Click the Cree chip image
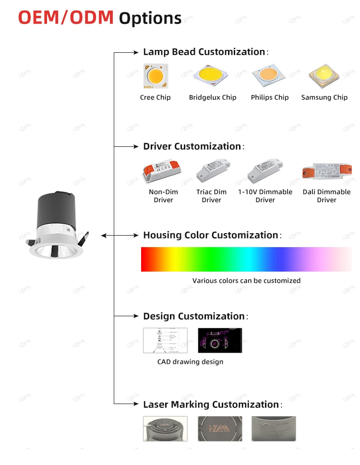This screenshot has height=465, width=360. (155, 76)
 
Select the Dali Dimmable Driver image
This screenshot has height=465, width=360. (326, 171)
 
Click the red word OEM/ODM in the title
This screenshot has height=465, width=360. (66, 17)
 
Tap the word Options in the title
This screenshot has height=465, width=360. (150, 18)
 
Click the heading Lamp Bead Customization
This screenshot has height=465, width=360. (204, 52)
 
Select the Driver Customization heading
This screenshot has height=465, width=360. (192, 146)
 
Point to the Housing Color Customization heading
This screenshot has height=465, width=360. (211, 235)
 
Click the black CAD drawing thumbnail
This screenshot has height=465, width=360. (220, 340)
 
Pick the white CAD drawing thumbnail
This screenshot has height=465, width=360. (165, 340)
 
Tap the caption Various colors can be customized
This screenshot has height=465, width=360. (246, 281)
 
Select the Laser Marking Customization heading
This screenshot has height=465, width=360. (211, 405)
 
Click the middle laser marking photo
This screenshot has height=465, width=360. (220, 429)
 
